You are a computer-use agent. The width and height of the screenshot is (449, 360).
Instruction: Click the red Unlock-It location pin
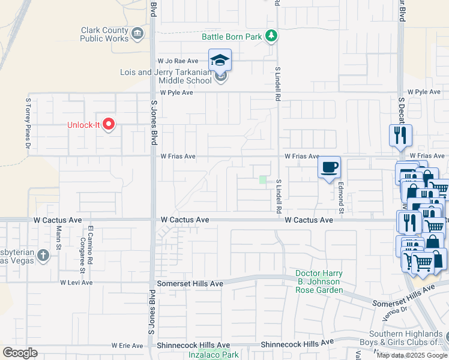109,124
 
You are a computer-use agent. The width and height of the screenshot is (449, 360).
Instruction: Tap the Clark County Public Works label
104,34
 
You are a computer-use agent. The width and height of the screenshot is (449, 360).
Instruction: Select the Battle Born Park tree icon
272,37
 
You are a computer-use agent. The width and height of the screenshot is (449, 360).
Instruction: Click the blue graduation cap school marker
220,59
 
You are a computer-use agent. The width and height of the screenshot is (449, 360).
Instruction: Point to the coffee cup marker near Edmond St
329,167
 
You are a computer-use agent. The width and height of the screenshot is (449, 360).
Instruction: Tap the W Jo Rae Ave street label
178,61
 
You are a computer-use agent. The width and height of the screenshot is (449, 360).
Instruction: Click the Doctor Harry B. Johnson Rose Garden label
319,282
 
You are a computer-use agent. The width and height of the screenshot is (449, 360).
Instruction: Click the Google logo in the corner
20,352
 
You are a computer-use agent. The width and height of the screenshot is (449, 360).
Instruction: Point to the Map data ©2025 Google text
412,355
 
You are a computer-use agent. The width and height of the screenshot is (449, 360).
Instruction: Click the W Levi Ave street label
76,282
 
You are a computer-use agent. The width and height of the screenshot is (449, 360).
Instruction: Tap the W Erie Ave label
127,346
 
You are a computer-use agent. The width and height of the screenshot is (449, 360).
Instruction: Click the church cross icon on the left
43,256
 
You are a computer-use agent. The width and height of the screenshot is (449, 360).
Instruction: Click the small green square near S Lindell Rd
262,179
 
